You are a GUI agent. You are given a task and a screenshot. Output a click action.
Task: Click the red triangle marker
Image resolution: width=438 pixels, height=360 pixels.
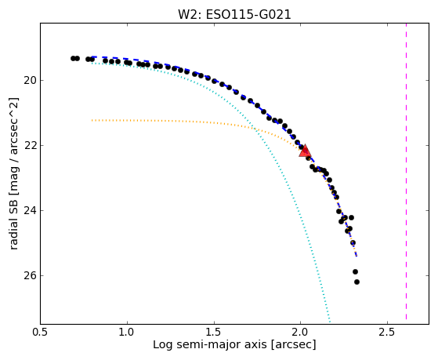[305, 151]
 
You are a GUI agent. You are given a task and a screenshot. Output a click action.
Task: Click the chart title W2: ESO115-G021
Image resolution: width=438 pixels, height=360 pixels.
[234, 15]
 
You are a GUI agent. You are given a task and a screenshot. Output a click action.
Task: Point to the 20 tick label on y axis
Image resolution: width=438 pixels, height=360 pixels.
[30, 81]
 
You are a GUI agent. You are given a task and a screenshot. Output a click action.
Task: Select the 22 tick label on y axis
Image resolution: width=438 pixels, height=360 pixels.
[30, 145]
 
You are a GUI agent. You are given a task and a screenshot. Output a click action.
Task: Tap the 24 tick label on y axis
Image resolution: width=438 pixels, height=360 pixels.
[30, 210]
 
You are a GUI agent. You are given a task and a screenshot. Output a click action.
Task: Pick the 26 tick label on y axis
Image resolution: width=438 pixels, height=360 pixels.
[30, 275]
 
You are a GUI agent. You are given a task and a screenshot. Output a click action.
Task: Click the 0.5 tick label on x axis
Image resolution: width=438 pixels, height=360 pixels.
[41, 333]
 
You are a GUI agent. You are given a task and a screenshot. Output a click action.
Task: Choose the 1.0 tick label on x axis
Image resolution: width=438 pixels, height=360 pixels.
[127, 333]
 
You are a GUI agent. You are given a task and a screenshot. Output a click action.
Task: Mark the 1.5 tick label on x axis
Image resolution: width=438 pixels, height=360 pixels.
[214, 333]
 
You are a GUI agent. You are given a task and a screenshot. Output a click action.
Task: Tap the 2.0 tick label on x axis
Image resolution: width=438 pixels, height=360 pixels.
[301, 333]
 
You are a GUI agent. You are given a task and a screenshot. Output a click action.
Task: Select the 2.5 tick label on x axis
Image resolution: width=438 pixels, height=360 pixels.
[387, 333]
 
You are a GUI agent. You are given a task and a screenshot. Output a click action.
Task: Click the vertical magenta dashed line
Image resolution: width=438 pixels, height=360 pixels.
[406, 171]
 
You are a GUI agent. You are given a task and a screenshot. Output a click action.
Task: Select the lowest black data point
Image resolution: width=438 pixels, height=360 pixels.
[357, 282]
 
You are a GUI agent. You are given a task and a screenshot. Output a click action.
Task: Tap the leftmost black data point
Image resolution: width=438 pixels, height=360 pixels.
[73, 58]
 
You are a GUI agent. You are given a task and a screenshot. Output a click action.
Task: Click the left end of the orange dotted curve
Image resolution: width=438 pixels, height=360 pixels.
[92, 120]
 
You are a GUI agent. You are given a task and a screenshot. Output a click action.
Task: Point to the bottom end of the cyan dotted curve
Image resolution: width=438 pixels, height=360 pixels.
[330, 322]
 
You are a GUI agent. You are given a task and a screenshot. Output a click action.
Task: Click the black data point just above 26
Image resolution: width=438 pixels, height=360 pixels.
[355, 271]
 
